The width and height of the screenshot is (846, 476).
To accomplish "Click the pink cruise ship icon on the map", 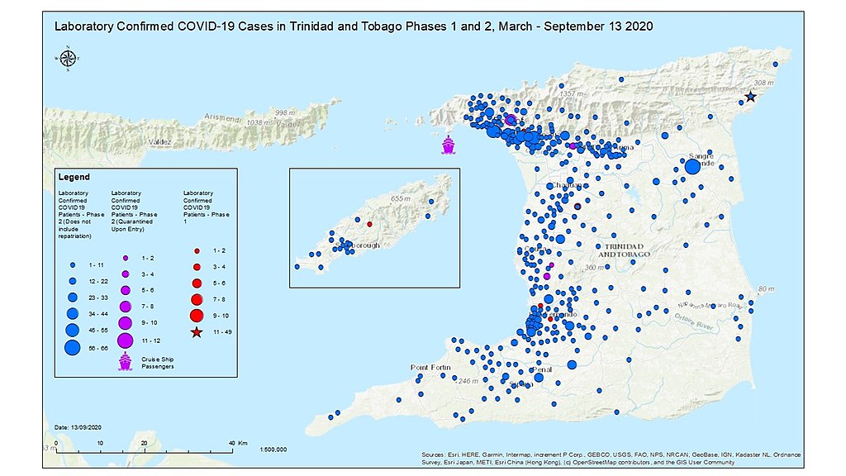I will (x=448, y=145).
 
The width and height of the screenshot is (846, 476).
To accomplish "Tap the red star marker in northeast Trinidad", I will (x=750, y=97).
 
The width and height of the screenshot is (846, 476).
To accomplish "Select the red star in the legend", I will (x=197, y=332).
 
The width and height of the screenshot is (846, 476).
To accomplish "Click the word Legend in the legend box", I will (x=74, y=177).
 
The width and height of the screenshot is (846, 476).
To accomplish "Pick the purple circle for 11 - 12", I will (x=125, y=340).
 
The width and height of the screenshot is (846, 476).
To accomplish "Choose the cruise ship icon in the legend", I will (x=126, y=362).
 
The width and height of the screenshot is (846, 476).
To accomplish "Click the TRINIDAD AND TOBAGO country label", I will (x=629, y=250).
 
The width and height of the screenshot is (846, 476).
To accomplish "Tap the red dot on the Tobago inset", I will (x=369, y=224).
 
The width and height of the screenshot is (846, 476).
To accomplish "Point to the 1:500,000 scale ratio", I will (x=273, y=450).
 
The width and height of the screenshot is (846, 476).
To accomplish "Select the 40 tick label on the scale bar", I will (x=232, y=443).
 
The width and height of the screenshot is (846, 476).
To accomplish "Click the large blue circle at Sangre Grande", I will (x=692, y=167).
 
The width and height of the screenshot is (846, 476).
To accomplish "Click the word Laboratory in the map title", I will (x=84, y=26).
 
